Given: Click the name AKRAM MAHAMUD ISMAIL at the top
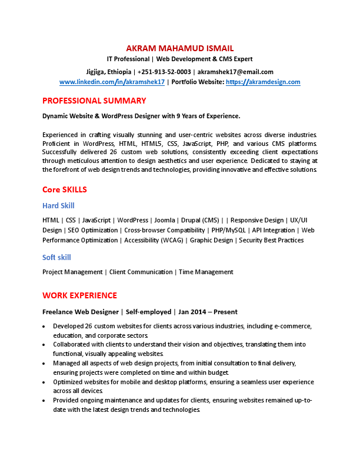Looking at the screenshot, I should point(180,48).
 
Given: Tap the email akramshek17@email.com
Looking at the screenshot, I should point(235,72).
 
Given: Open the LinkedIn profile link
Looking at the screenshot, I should point(112,82).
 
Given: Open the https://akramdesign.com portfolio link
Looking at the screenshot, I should point(263,82).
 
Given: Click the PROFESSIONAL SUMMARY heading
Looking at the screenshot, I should point(94,101).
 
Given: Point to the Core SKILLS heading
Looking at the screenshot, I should point(65,189).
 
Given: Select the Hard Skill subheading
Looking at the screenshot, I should point(58,205).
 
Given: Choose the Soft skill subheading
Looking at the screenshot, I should point(56,257).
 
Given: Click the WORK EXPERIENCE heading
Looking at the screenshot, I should point(79,295).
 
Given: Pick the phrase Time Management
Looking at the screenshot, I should point(206,272).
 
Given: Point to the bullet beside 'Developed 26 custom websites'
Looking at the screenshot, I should point(45,326).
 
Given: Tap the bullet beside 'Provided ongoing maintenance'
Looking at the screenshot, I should point(45,401).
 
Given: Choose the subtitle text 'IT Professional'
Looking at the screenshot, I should point(128,59).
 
